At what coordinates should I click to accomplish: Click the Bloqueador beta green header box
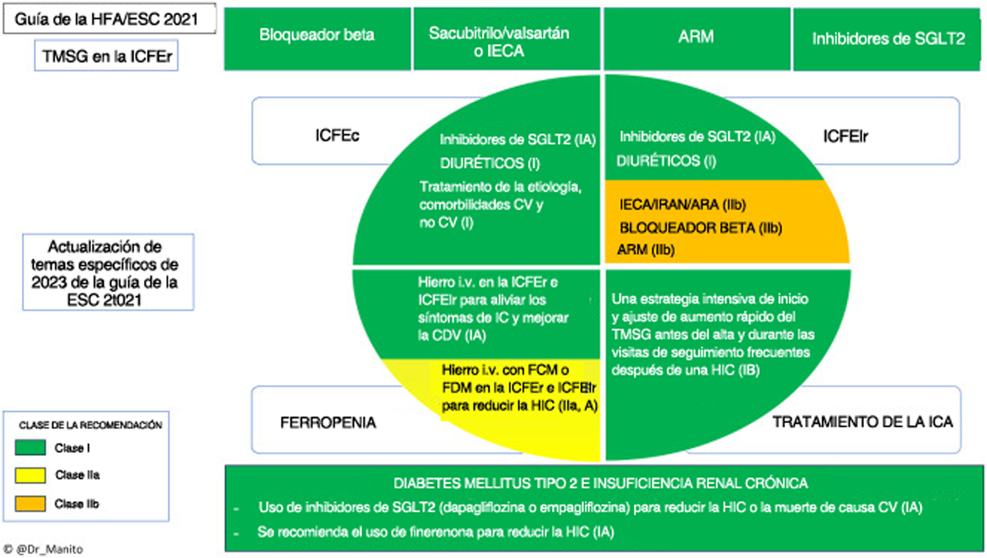pyautogui.click(x=317, y=38)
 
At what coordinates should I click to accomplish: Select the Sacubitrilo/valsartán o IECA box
pyautogui.click(x=506, y=39)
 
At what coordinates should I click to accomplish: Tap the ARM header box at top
pyautogui.click(x=696, y=38)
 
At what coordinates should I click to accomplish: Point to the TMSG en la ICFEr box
pyautogui.click(x=107, y=56)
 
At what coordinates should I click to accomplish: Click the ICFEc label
pyautogui.click(x=337, y=136)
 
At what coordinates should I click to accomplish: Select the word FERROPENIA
pyautogui.click(x=328, y=422)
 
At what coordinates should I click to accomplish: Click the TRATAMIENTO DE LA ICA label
pyautogui.click(x=862, y=422)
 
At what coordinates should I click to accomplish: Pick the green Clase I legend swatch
pyautogui.click(x=30, y=448)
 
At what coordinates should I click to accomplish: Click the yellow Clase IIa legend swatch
pyautogui.click(x=30, y=475)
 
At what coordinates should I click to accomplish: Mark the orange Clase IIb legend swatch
pyautogui.click(x=30, y=504)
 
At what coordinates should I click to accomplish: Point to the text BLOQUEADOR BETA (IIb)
pyautogui.click(x=701, y=228)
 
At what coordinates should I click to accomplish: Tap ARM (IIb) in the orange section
pyautogui.click(x=646, y=250)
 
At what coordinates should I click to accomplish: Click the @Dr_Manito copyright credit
pyautogui.click(x=45, y=549)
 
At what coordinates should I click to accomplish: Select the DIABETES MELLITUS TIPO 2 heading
pyautogui.click(x=600, y=483)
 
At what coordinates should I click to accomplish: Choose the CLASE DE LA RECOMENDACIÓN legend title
pyautogui.click(x=91, y=425)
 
